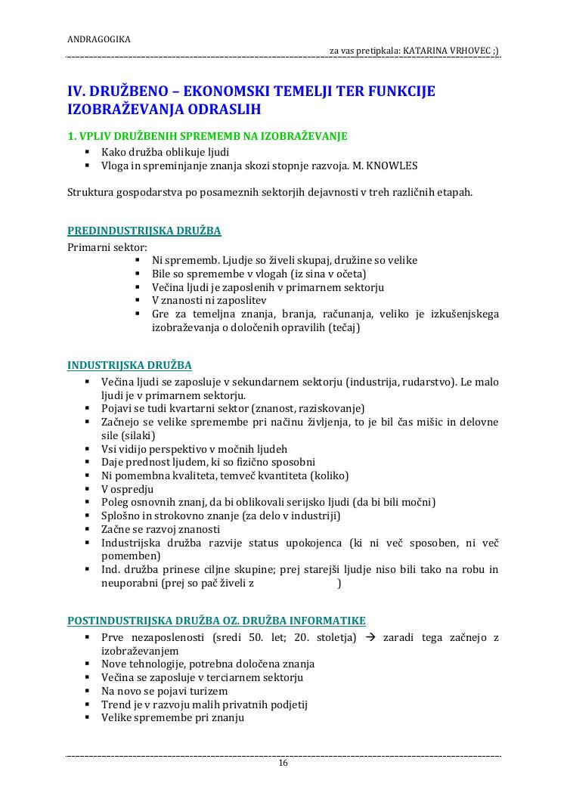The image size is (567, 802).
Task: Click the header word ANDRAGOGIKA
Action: click(x=99, y=39)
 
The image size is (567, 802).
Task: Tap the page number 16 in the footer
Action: click(x=283, y=763)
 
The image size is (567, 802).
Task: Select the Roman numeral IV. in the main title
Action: click(x=78, y=91)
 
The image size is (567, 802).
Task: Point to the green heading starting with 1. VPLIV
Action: click(x=207, y=136)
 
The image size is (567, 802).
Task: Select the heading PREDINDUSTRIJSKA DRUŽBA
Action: click(x=144, y=231)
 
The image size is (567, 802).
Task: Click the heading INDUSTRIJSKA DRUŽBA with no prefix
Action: click(x=129, y=365)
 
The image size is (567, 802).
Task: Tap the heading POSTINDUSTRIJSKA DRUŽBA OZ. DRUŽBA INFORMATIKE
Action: click(x=216, y=621)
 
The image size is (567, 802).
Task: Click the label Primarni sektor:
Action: click(x=107, y=246)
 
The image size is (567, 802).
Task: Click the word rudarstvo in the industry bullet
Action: click(x=427, y=382)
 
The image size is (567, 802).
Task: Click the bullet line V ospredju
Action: click(x=127, y=489)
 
